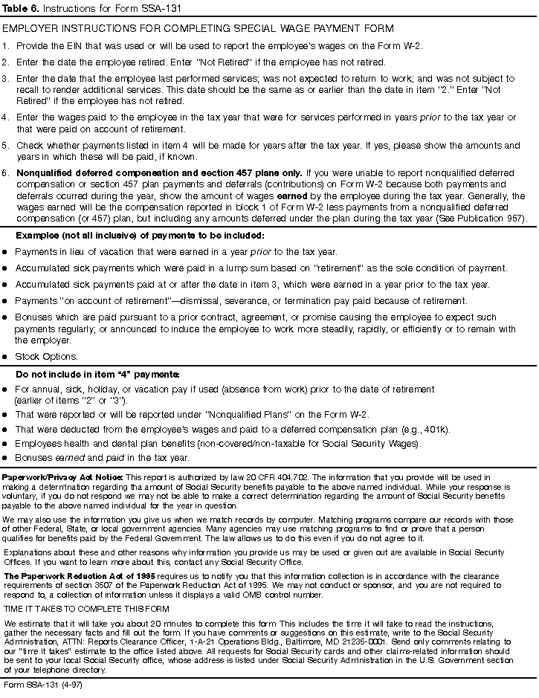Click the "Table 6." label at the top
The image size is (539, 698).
point(20,7)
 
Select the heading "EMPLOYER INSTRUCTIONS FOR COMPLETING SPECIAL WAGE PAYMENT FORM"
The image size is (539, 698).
point(198,28)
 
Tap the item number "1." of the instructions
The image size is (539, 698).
point(6,46)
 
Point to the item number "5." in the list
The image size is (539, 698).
point(6,146)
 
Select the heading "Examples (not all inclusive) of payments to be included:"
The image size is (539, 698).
point(139,236)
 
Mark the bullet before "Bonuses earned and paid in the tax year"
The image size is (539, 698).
point(5,458)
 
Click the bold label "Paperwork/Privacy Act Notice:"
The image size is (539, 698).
point(63,476)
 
